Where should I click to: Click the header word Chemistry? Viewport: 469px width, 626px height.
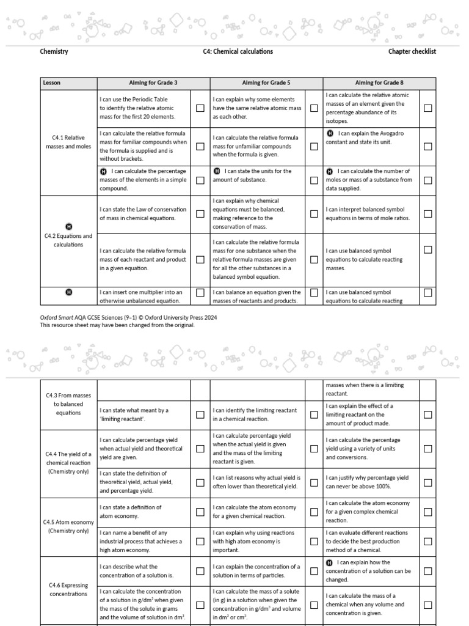(54, 51)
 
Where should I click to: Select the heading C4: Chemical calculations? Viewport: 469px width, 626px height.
(238, 51)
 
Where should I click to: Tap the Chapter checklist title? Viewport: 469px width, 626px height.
(412, 51)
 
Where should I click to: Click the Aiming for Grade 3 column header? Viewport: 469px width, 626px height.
(153, 83)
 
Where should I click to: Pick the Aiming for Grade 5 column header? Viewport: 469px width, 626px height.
(266, 83)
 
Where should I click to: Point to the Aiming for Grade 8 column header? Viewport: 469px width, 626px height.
(379, 83)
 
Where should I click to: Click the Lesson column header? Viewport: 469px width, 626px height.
(52, 83)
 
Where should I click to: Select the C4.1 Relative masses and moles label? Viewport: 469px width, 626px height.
(68, 142)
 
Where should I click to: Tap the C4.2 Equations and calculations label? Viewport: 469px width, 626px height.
(68, 240)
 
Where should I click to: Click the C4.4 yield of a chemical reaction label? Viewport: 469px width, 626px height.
(68, 463)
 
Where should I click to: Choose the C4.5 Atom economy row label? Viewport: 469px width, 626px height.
(68, 526)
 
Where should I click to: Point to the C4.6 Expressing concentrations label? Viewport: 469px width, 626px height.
(68, 589)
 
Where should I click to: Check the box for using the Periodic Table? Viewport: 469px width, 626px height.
(200, 108)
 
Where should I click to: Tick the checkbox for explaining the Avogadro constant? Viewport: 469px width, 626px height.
(427, 146)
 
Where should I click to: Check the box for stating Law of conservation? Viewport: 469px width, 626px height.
(200, 214)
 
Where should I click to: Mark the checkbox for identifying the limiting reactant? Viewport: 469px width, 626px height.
(314, 414)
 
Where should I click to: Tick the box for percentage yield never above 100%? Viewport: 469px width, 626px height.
(427, 482)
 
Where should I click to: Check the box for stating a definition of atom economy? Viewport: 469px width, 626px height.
(200, 512)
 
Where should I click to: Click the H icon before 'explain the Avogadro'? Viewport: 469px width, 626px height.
(330, 133)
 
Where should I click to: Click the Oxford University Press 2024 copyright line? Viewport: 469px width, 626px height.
(128, 318)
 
